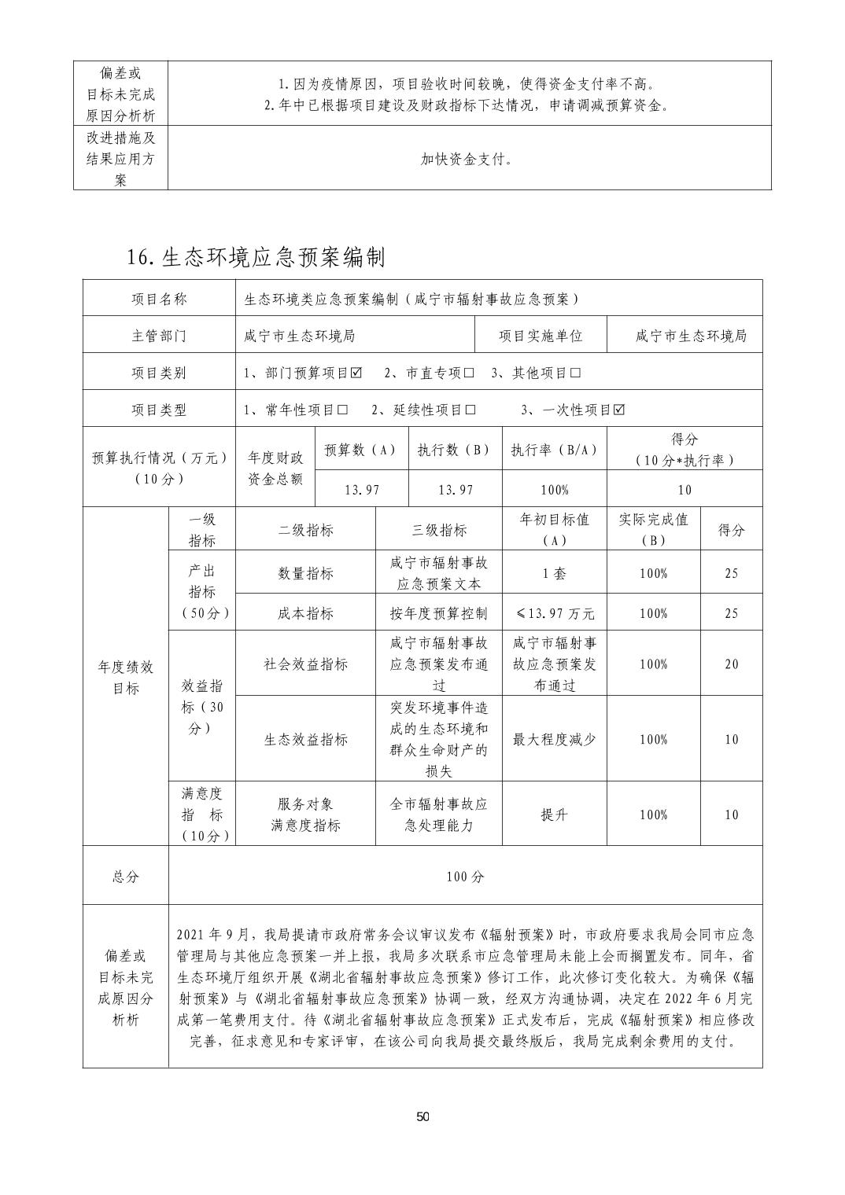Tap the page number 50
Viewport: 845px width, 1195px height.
(x=422, y=1117)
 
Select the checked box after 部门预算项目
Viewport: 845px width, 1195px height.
(x=356, y=373)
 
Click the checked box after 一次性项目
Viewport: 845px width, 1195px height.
(x=619, y=410)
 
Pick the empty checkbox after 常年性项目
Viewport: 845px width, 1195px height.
(x=342, y=410)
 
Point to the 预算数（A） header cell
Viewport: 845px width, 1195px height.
(x=360, y=450)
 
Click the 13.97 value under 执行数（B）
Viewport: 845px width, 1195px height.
(x=455, y=490)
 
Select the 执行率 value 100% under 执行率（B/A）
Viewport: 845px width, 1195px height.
(x=555, y=490)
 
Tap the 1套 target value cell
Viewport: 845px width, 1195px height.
(x=555, y=573)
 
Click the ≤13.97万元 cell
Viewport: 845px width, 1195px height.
(x=555, y=613)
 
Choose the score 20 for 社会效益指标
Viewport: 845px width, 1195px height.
(x=732, y=664)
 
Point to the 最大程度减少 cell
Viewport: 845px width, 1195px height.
(x=555, y=739)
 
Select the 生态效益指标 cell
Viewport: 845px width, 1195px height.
(x=305, y=739)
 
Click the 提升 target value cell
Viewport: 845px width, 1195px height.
(x=555, y=814)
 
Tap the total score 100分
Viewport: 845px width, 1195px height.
(x=465, y=876)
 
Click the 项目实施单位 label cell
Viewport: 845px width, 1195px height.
(x=541, y=336)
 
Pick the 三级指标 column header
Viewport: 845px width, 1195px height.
(x=439, y=530)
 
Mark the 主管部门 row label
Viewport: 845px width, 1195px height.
(x=159, y=336)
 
